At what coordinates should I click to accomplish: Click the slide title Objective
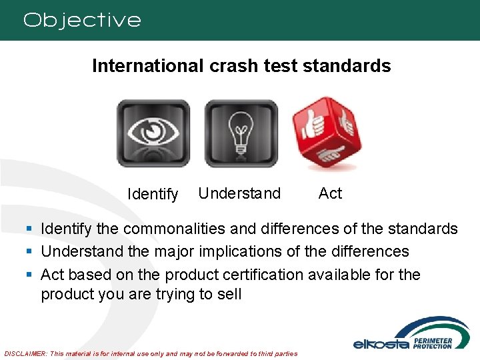(x=82, y=20)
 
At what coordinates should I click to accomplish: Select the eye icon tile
(x=153, y=133)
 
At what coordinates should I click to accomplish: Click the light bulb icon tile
(x=241, y=133)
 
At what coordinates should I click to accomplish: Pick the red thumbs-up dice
(x=327, y=134)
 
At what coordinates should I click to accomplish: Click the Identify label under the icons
(x=153, y=195)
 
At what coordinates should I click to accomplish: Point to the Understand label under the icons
(x=239, y=194)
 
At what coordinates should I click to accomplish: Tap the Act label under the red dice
(x=330, y=193)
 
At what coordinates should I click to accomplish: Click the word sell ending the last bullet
(x=229, y=294)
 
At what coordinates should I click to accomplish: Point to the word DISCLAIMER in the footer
(x=25, y=353)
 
